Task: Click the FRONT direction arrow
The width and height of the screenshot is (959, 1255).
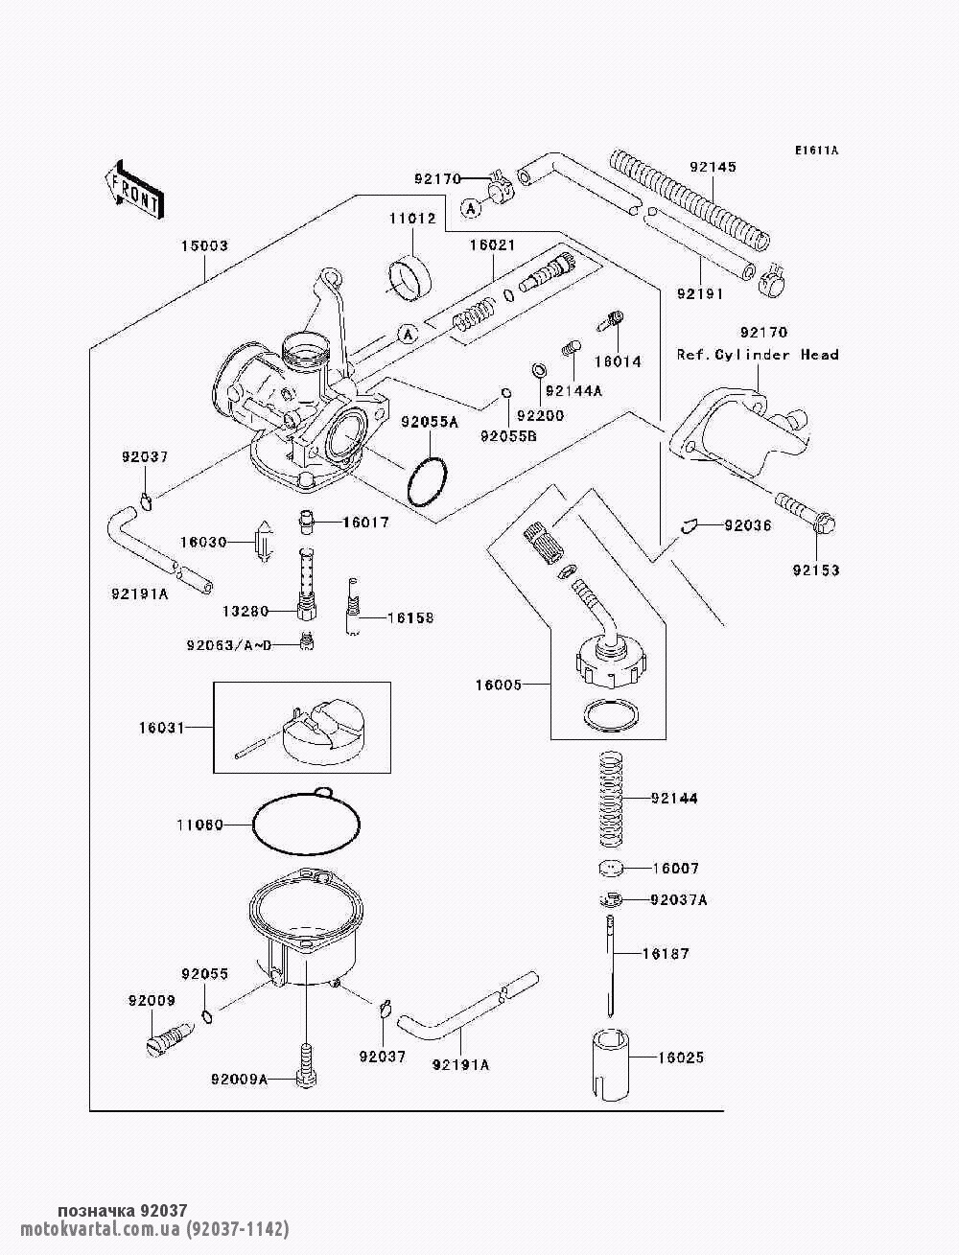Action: tap(135, 189)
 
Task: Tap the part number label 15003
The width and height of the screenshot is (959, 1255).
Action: tap(204, 245)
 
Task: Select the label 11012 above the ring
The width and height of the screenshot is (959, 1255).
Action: tap(413, 219)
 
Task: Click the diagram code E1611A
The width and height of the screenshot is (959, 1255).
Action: tap(816, 151)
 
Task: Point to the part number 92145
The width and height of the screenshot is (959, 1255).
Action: tap(713, 167)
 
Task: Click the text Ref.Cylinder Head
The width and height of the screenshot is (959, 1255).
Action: tap(758, 355)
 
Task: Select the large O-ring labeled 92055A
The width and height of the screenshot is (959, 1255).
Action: tap(427, 482)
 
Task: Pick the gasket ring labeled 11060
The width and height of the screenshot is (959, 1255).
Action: tap(307, 825)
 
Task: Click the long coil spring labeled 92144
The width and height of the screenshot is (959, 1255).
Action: tap(611, 799)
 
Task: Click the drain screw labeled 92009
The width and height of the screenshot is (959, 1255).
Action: tap(168, 1037)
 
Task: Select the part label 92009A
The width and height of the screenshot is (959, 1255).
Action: tap(239, 1080)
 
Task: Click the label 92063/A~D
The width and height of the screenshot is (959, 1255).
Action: tap(229, 645)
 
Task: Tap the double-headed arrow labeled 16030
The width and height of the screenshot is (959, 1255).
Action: tap(264, 542)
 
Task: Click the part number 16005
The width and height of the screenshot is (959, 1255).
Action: tap(499, 685)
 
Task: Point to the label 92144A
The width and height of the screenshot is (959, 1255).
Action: tap(573, 391)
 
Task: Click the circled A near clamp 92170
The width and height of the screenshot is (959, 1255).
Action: tap(471, 209)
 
